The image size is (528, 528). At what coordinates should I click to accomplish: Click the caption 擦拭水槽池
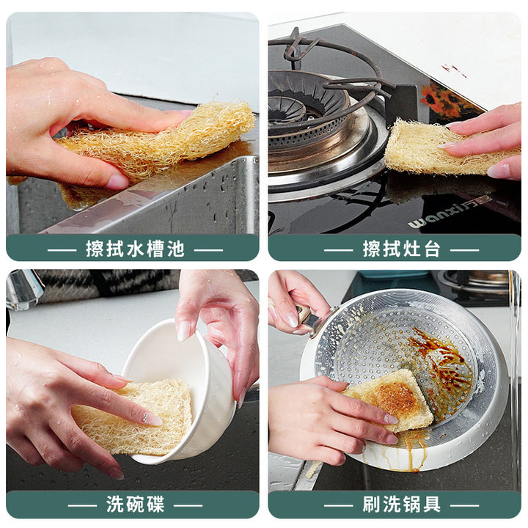(x=135, y=249)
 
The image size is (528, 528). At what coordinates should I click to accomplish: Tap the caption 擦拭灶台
(x=401, y=249)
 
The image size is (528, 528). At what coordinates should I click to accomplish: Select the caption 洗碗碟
(x=136, y=504)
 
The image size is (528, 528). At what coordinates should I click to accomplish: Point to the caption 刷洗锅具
(x=401, y=504)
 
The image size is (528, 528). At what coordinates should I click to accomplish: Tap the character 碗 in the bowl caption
(x=136, y=504)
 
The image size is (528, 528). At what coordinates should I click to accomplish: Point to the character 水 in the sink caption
(x=136, y=249)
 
